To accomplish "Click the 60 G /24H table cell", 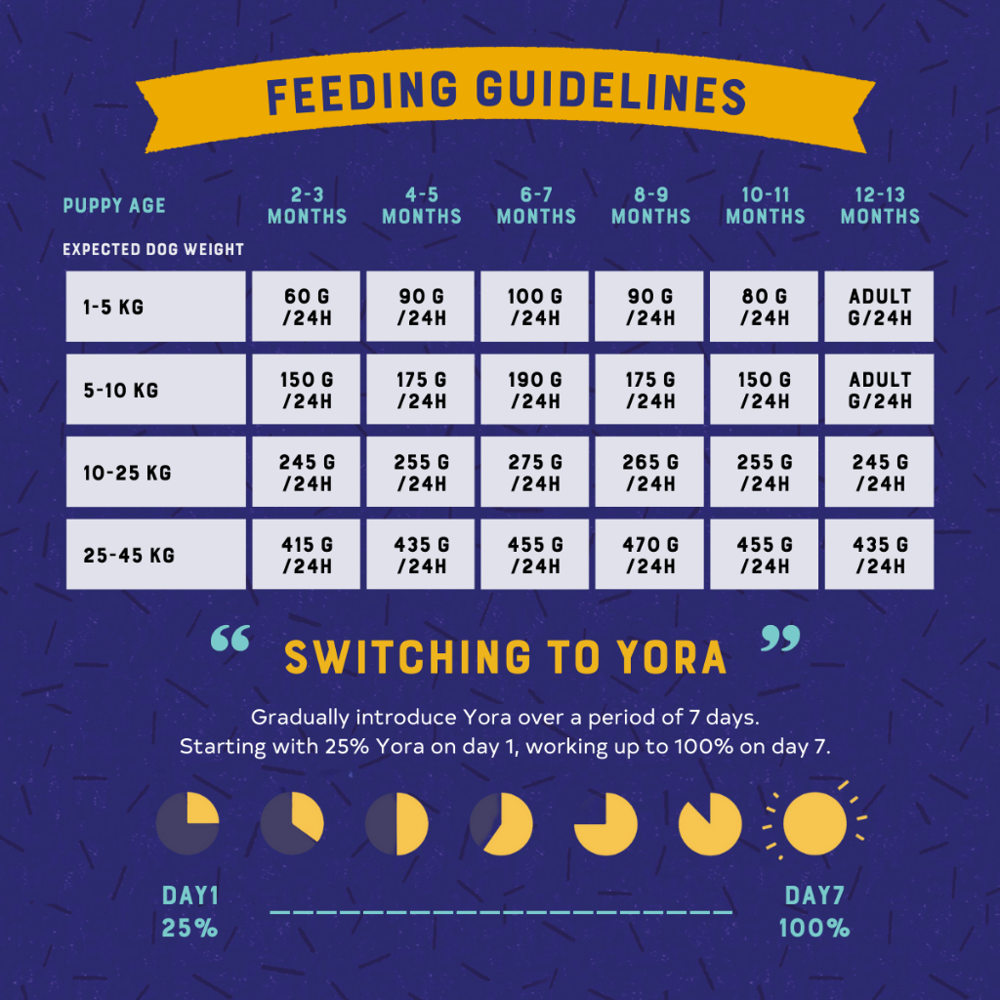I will point(307,307).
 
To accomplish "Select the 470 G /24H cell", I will point(650,555).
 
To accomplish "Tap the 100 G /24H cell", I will point(535,307).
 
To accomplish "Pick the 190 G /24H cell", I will point(535,390).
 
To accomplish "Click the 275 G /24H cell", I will point(535,473).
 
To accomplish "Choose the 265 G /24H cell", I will point(650,473).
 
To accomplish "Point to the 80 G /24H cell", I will point(765,307).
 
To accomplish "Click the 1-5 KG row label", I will point(155,307).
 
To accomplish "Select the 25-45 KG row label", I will point(155,555).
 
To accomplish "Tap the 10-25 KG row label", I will point(155,473).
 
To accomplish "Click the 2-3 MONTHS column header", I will point(307,206).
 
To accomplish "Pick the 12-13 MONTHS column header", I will point(880,206).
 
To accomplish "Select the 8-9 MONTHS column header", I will point(650,206).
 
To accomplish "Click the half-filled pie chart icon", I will point(396,823).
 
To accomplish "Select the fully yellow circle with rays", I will point(814,822).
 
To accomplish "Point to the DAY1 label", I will point(190,896).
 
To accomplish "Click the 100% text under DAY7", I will point(814,928).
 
